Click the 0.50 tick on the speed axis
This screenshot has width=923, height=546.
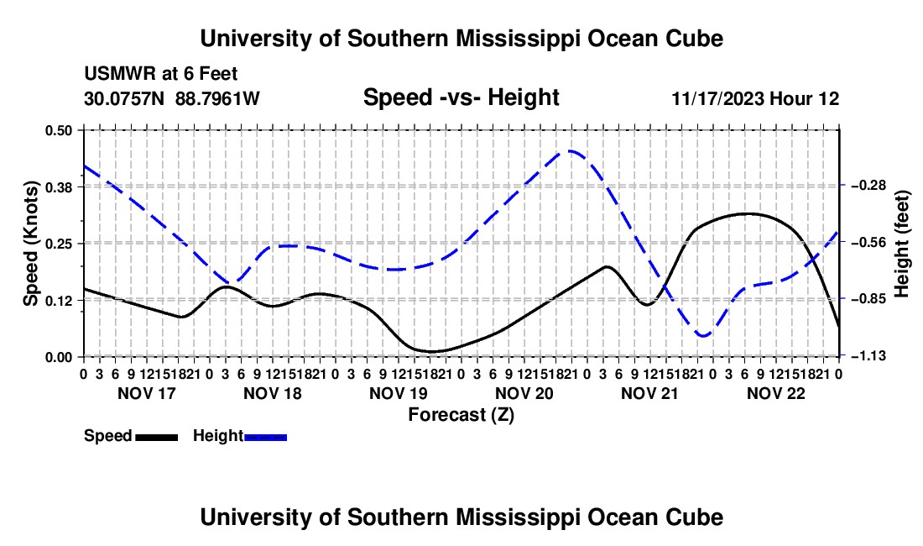pyautogui.click(x=58, y=130)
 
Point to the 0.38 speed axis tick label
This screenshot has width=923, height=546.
pyautogui.click(x=58, y=187)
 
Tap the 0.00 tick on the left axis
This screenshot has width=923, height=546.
pyautogui.click(x=58, y=357)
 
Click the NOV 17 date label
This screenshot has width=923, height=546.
pyautogui.click(x=147, y=393)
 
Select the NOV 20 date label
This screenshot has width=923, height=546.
pyautogui.click(x=524, y=393)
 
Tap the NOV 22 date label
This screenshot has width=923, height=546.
pyautogui.click(x=776, y=393)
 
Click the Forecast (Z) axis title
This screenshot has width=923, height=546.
pyautogui.click(x=461, y=415)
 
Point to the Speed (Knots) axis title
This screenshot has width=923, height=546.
pyautogui.click(x=30, y=244)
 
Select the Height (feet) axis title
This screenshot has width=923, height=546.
pyautogui.click(x=901, y=244)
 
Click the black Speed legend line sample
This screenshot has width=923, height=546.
pyautogui.click(x=157, y=438)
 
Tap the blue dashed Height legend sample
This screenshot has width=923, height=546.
pyautogui.click(x=265, y=438)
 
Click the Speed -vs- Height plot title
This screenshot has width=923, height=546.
pyautogui.click(x=461, y=97)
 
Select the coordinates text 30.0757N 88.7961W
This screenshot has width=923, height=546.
pyautogui.click(x=172, y=98)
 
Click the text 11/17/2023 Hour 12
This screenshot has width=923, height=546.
pyautogui.click(x=755, y=98)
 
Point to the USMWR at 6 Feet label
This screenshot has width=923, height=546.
pyautogui.click(x=161, y=74)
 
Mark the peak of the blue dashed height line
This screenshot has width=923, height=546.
pyautogui.click(x=570, y=151)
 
